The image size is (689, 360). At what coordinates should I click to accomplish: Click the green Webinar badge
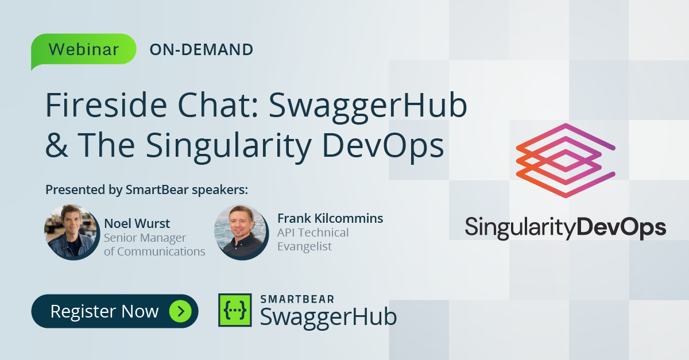tap(84, 49)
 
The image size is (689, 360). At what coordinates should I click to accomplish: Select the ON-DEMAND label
tap(201, 50)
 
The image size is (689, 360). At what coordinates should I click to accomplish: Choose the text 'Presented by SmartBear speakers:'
tap(146, 190)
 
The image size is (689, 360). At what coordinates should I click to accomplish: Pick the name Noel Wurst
tap(137, 223)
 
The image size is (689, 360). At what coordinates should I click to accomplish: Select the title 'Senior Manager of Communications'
tap(154, 244)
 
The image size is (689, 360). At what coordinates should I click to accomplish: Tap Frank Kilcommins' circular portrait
tap(241, 232)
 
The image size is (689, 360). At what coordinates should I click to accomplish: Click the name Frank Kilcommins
tap(330, 218)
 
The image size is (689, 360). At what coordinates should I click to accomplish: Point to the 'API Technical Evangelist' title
tap(312, 239)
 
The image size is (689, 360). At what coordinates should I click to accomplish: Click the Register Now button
tap(114, 311)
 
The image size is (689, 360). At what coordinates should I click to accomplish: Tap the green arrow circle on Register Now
tap(180, 311)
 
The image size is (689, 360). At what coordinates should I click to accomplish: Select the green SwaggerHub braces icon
tap(235, 311)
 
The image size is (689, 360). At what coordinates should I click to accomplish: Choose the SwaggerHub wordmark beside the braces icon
tap(328, 316)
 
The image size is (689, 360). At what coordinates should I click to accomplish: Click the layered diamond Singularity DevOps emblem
tap(566, 160)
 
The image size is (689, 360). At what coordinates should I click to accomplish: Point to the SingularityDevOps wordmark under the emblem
tap(566, 227)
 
